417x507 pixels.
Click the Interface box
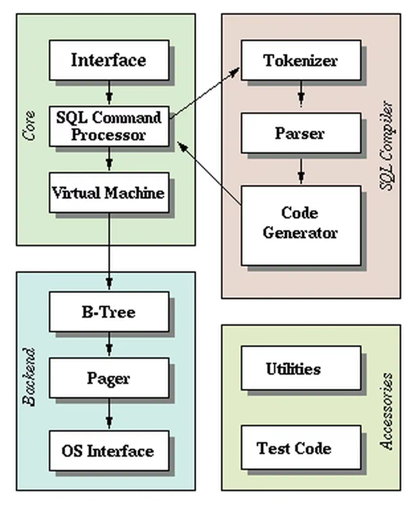tap(109, 60)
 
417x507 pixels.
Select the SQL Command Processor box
tap(109, 126)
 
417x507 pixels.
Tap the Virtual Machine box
tap(109, 192)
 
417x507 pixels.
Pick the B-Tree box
tap(109, 312)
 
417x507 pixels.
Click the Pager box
tap(109, 378)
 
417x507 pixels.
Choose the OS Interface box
tap(109, 451)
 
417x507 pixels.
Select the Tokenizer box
tap(301, 60)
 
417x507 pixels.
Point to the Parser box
tap(301, 133)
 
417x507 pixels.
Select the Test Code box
tap(301, 447)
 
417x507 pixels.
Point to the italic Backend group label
tap(29, 377)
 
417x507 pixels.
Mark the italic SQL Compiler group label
tap(386, 146)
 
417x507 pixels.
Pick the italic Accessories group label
tap(386, 411)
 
